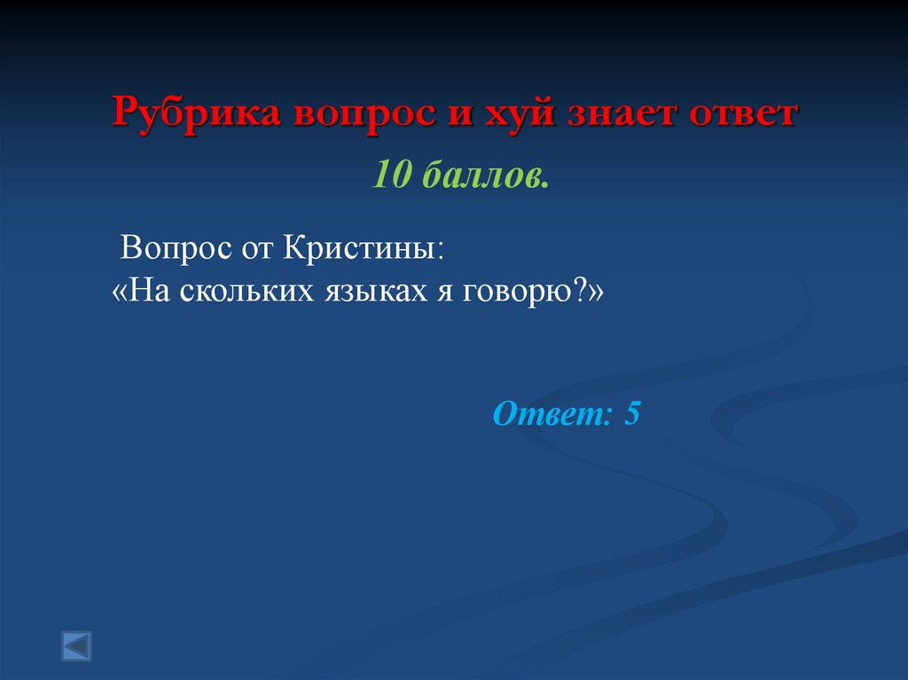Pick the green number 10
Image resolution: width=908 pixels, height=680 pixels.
391,176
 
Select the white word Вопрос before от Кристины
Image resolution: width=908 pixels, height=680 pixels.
172,246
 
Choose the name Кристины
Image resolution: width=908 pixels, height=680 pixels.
364,246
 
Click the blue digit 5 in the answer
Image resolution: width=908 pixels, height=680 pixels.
632,414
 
